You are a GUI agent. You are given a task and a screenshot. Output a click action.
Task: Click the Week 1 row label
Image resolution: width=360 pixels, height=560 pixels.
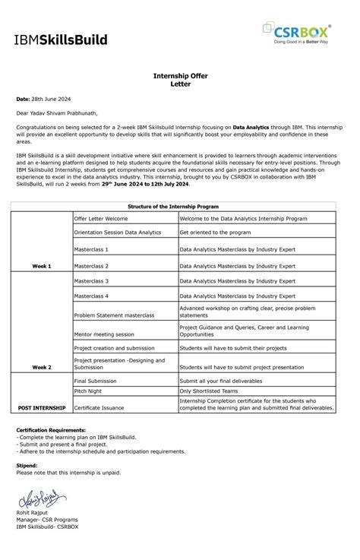[x=41, y=267]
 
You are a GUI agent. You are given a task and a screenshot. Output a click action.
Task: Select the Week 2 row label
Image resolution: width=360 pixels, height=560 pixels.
[x=41, y=366]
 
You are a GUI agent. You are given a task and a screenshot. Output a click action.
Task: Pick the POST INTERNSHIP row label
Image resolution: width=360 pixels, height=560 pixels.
[x=42, y=408]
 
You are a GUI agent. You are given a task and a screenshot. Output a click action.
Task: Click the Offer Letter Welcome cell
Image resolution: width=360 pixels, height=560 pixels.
[x=101, y=218]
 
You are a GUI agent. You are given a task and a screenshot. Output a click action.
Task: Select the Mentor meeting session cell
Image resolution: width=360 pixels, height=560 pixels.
[x=103, y=334]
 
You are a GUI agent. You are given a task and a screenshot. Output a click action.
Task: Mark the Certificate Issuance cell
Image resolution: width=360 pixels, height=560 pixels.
[x=100, y=408]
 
